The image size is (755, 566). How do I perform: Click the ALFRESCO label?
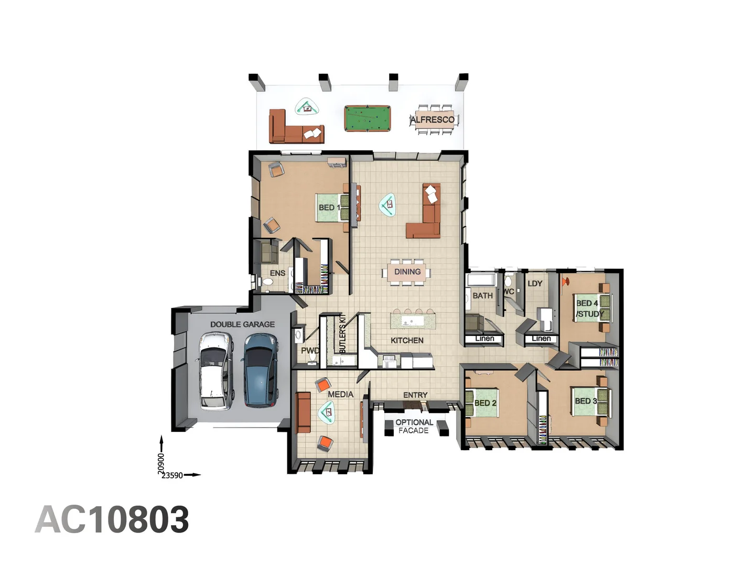(433, 119)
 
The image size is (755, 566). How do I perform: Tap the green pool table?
(368, 118)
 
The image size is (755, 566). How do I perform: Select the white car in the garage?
(215, 371)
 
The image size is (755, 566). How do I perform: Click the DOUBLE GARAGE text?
(242, 324)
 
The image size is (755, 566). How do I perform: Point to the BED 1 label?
(329, 208)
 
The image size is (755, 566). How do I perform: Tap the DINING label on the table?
(407, 271)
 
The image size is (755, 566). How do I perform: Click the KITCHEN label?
(407, 340)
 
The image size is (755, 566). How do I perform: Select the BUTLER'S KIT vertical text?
(342, 333)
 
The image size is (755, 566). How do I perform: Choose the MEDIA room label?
(340, 394)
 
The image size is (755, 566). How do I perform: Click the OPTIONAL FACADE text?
(414, 426)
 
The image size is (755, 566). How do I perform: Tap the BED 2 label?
(485, 403)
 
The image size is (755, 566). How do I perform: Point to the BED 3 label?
(586, 401)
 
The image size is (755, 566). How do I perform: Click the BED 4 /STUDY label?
(589, 309)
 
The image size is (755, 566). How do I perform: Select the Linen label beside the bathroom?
(484, 339)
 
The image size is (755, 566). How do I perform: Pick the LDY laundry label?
(535, 284)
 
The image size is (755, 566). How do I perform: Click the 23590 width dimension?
(172, 475)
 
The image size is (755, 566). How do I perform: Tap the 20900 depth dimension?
(161, 463)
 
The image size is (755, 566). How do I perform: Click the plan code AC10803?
(112, 519)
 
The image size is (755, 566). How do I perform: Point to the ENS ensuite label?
(277, 273)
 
